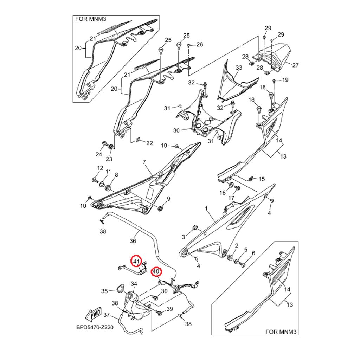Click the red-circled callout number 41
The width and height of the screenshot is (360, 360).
[x=136, y=262]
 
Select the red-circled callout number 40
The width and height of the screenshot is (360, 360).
[x=156, y=272]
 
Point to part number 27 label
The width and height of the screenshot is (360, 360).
[x=295, y=65]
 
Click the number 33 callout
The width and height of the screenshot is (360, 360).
[x=239, y=67]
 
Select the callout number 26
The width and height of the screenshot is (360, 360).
[x=199, y=44]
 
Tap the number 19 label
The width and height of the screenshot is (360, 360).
[x=285, y=80]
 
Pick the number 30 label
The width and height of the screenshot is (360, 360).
[x=176, y=130]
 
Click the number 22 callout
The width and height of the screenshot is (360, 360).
[x=150, y=143]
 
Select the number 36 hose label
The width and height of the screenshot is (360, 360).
[x=133, y=241]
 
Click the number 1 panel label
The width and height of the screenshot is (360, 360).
[x=207, y=209]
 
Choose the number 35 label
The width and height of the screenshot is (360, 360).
[x=104, y=291]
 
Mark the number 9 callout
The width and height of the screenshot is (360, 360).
[x=168, y=199]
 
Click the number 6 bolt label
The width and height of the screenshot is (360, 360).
[x=253, y=253]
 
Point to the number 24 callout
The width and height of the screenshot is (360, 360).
[x=99, y=154]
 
